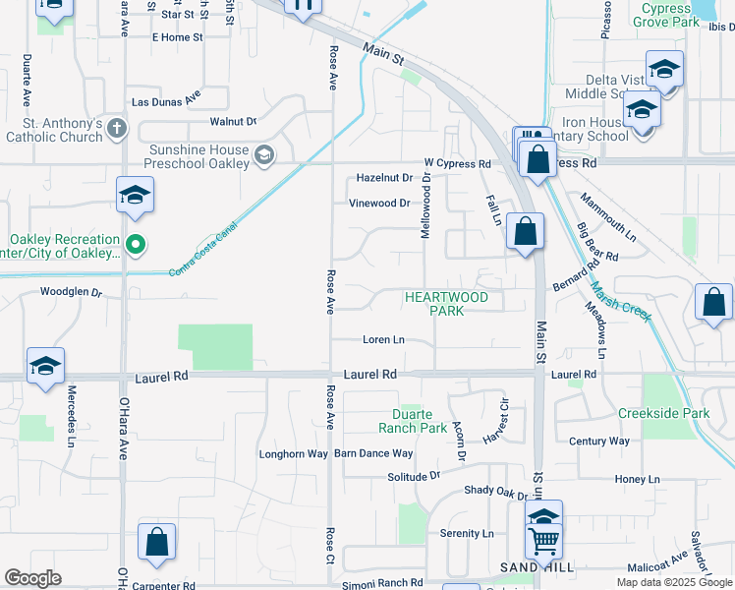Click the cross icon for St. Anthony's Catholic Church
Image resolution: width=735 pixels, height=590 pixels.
(117, 128)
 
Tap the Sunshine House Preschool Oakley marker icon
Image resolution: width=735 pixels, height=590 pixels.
(263, 154)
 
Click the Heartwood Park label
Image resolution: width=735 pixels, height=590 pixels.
(446, 303)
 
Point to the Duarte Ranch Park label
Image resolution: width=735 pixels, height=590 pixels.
(413, 421)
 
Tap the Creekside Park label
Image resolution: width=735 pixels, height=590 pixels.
(663, 414)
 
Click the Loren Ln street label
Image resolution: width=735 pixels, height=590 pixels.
(383, 340)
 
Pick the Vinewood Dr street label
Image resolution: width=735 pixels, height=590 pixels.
(378, 204)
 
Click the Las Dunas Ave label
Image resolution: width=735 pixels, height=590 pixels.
(167, 99)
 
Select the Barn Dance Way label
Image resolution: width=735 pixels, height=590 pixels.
(373, 453)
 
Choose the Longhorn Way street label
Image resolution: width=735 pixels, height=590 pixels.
(293, 454)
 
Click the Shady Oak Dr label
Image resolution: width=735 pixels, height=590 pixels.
(495, 491)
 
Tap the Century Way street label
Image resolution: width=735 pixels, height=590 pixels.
(598, 442)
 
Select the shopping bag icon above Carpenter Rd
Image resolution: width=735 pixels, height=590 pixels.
(156, 542)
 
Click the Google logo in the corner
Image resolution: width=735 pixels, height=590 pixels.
(32, 578)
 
